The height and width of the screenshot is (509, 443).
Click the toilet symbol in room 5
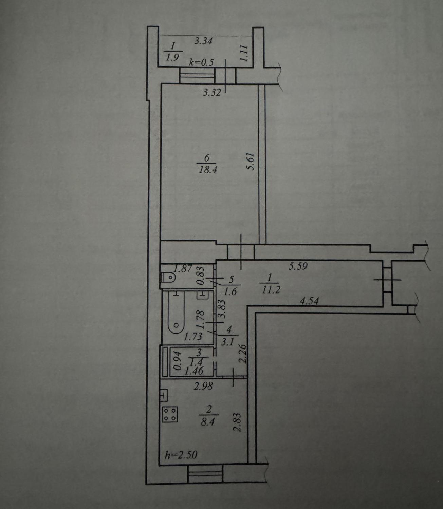[168, 277]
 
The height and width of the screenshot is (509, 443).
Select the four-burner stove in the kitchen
[170, 415]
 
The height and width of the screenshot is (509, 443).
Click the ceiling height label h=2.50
[181, 455]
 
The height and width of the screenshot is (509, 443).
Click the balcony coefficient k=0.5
[201, 62]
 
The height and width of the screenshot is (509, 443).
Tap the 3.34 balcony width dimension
[203, 41]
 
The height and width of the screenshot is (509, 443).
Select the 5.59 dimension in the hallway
[298, 266]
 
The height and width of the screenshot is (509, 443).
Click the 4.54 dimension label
[309, 301]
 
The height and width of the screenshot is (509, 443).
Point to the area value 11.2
[271, 289]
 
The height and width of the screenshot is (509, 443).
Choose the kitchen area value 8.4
[208, 422]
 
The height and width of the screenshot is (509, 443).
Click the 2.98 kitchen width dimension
[203, 386]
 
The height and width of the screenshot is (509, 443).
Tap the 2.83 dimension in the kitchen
[237, 422]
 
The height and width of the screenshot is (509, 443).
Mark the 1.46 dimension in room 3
[194, 371]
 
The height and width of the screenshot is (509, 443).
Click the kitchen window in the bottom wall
[205, 474]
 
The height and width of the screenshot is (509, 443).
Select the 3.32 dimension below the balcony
[212, 93]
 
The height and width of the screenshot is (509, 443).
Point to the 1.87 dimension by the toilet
[183, 269]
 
